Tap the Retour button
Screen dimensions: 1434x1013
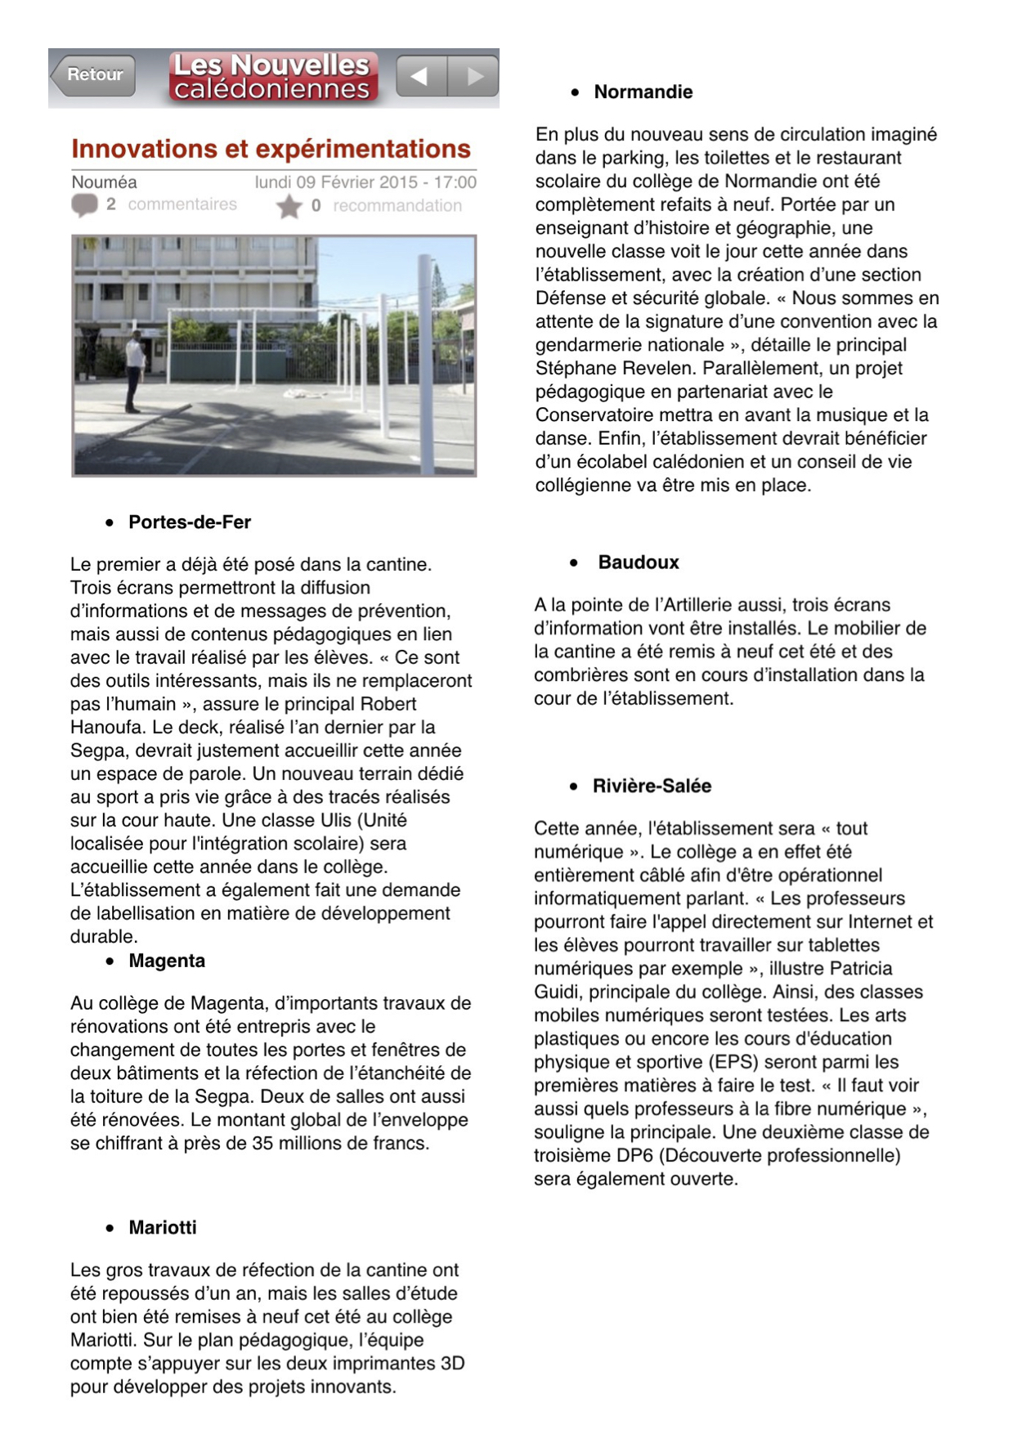[x=93, y=75]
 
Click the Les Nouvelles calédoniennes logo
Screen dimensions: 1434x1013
[x=272, y=77]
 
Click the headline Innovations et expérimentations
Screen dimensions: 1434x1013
[x=271, y=149]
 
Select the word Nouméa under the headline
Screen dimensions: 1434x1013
[x=104, y=182]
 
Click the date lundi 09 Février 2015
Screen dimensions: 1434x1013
[x=336, y=182]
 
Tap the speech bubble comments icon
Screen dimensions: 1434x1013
[x=84, y=205]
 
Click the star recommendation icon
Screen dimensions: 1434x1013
[x=289, y=207]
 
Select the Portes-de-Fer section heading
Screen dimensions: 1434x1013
[x=190, y=522]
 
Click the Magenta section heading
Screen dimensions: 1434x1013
[x=167, y=961]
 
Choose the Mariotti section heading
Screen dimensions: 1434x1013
[x=163, y=1227]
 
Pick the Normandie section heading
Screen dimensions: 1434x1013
[x=643, y=92]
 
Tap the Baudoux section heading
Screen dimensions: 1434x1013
[x=639, y=562]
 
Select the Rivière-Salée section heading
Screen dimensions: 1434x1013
[x=652, y=786]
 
